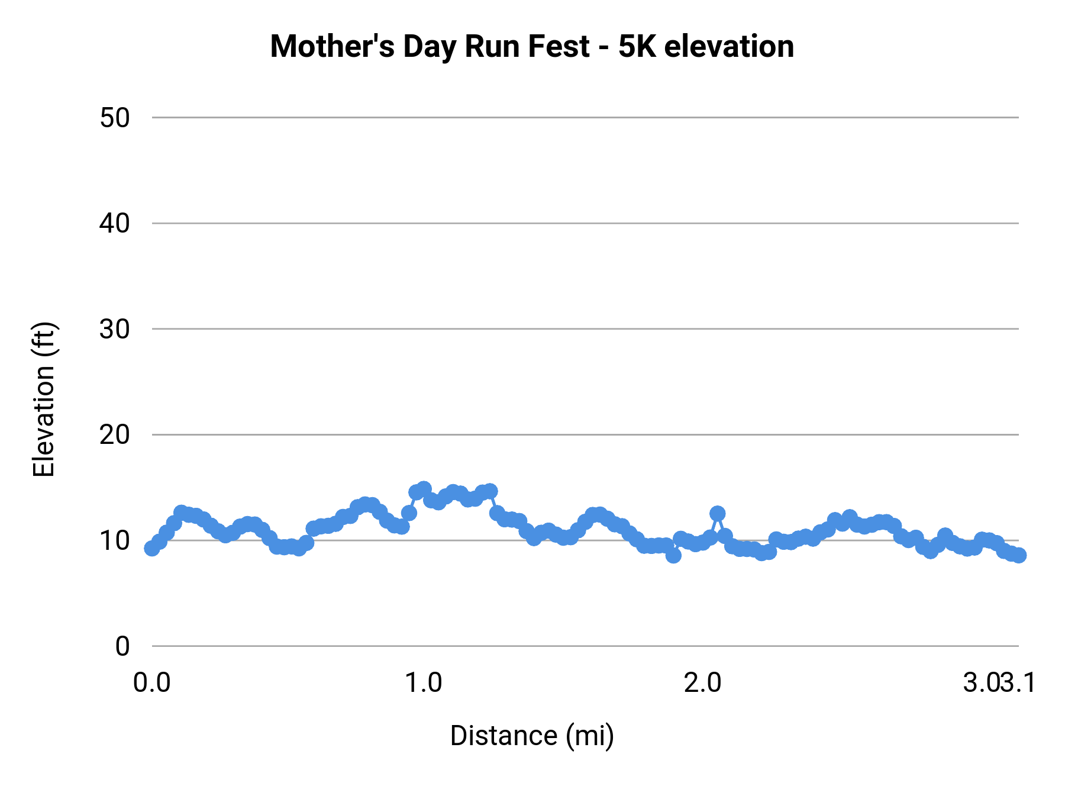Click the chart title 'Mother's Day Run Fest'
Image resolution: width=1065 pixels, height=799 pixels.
tap(430, 47)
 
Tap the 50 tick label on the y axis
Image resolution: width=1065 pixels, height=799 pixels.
tap(114, 118)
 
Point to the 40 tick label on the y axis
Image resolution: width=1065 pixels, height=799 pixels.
tap(114, 224)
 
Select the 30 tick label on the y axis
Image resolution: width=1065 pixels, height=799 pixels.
tap(114, 329)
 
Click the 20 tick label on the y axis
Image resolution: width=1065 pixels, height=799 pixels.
tap(114, 435)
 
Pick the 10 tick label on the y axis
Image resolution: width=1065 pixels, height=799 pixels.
tap(114, 540)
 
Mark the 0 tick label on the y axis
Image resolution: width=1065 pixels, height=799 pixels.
tap(122, 646)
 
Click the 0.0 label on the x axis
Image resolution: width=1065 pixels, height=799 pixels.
tap(152, 683)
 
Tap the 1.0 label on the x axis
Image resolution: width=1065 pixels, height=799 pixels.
tap(423, 683)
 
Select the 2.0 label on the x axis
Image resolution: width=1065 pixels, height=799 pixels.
tap(703, 683)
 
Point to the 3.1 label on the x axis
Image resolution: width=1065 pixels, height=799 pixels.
tap(1019, 683)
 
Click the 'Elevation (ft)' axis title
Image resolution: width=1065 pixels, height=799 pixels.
tap(44, 399)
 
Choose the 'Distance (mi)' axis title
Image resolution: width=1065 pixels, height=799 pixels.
tap(532, 736)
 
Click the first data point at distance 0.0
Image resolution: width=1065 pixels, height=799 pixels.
tap(152, 549)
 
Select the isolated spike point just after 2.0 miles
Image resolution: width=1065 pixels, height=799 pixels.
tap(718, 513)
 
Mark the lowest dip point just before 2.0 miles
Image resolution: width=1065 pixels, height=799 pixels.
tap(673, 555)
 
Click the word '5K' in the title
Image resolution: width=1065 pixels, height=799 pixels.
tap(637, 47)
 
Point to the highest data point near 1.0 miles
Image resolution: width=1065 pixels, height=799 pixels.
tap(424, 489)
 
